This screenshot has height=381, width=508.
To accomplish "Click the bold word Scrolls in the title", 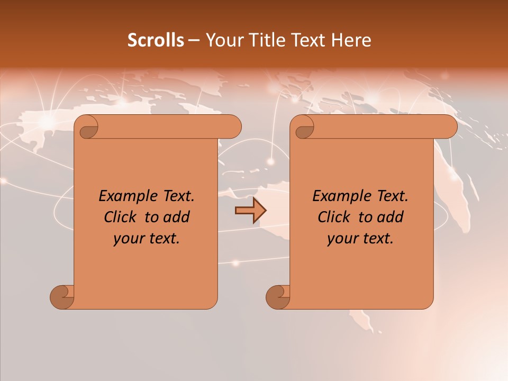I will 156,40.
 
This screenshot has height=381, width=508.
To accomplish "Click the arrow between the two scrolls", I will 250,211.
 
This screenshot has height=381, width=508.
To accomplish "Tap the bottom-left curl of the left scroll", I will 62,297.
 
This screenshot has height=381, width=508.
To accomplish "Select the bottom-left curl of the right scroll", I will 278,297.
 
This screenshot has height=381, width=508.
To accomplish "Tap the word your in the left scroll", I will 128,239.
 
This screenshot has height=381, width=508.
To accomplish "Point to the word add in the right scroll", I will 391,217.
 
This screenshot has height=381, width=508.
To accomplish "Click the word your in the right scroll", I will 342,239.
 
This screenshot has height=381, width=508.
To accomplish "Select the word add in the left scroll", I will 177,217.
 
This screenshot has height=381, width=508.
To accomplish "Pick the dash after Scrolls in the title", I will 194,40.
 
